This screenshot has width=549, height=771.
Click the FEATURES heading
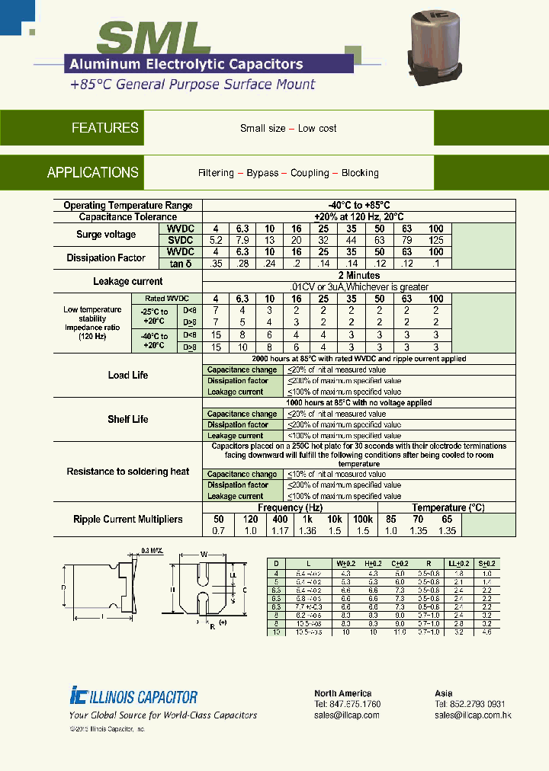[104, 128]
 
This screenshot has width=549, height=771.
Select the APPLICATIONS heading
[92, 172]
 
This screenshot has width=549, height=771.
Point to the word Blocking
[360, 173]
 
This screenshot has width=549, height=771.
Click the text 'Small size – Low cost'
[288, 129]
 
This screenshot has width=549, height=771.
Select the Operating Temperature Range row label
[128, 206]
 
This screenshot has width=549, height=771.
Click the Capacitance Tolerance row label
[128, 217]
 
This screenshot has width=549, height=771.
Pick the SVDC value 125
[436, 240]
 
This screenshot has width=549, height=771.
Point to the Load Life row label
[128, 376]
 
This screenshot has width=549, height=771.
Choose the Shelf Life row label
[128, 420]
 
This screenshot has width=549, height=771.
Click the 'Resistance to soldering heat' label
[128, 472]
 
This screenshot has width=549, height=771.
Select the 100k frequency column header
[362, 519]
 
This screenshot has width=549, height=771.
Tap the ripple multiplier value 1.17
[280, 530]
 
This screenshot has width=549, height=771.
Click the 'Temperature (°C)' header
[448, 507]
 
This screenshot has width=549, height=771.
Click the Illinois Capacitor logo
[133, 696]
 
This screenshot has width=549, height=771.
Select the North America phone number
[347, 704]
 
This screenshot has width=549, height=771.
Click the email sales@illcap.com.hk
[473, 715]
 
